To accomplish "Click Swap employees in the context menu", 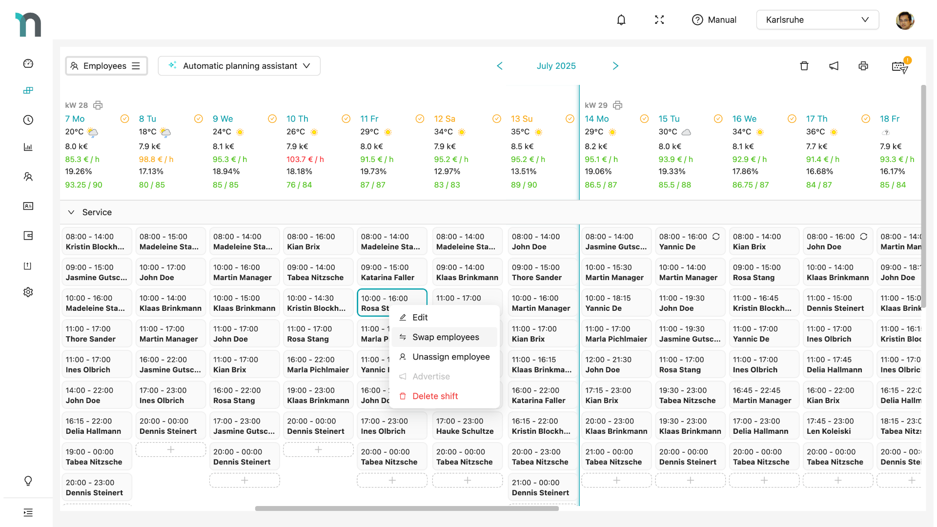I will (445, 337).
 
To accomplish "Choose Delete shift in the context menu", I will (434, 396).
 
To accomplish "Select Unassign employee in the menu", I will (450, 357).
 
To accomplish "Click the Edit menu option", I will (419, 317).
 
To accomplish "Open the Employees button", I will (106, 66).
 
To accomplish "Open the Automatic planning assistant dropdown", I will (239, 66).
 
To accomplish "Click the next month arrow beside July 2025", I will (615, 66).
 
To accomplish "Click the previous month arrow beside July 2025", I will (499, 66).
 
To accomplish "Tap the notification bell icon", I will (621, 20).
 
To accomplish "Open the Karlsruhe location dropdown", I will (817, 20).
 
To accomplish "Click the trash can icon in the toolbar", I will (804, 66).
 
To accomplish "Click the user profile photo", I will (904, 20).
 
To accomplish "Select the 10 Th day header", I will (297, 119).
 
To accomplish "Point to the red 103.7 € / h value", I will (305, 160).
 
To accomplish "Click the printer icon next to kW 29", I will (618, 105).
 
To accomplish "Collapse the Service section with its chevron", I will (71, 212).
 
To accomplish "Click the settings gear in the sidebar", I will (28, 292).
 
